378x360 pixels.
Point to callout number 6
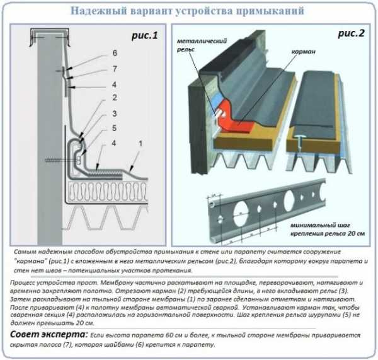click(115, 53)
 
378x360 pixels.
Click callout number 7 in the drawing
click(115, 67)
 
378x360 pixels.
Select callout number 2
click(115, 97)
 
